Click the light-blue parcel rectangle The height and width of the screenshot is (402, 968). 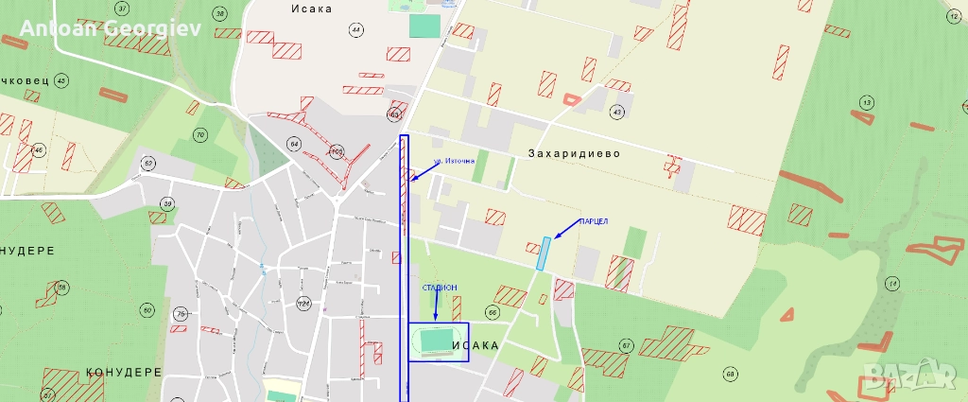(x=543, y=253)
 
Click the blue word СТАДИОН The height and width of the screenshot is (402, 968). (x=440, y=287)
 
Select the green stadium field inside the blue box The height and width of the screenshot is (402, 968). (x=436, y=339)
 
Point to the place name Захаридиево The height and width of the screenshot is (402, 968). (x=574, y=153)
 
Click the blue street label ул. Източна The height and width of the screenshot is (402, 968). (x=454, y=163)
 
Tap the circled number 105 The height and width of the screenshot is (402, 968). (x=336, y=151)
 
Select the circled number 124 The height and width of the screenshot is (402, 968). (x=303, y=304)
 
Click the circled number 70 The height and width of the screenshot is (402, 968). (x=199, y=135)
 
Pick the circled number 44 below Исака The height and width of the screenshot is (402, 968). (x=355, y=30)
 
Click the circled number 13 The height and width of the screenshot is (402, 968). (x=866, y=102)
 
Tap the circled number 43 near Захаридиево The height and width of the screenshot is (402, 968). (x=617, y=112)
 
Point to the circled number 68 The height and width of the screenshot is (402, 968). (x=730, y=375)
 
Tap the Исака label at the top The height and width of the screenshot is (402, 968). (x=313, y=9)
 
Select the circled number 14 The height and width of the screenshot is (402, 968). (x=891, y=284)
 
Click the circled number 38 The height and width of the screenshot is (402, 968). (x=220, y=13)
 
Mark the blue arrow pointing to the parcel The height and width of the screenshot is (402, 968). (x=564, y=230)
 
